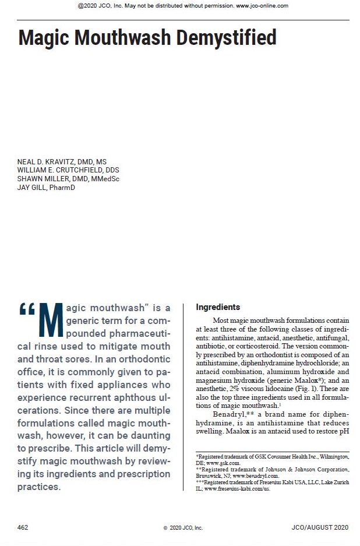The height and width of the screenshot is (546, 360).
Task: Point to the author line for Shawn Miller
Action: tap(68, 179)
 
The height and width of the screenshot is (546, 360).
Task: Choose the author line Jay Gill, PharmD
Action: tap(46, 187)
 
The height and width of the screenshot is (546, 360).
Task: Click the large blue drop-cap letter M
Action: tap(51, 320)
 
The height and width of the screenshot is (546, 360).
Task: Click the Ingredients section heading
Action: tap(218, 307)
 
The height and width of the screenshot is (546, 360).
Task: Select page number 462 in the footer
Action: tap(23, 527)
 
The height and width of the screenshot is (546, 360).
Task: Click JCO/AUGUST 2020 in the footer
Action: tap(320, 527)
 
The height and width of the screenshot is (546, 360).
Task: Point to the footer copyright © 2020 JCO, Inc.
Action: tap(183, 528)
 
